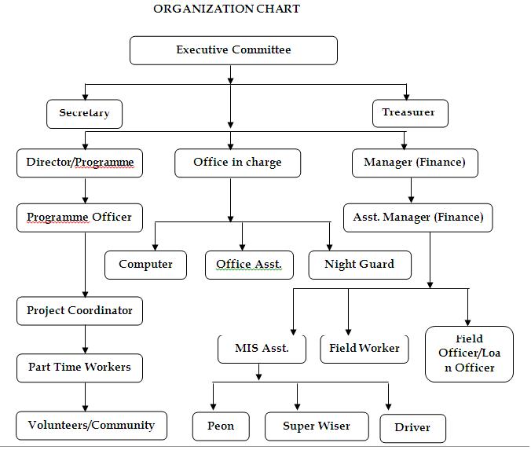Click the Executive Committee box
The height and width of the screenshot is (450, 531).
233,50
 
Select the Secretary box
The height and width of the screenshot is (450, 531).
84,114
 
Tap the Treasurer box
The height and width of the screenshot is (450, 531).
410,113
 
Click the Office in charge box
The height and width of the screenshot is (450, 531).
237,163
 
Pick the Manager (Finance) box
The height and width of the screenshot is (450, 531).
415,163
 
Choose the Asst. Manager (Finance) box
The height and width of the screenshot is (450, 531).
418,218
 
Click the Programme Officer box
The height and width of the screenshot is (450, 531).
79,218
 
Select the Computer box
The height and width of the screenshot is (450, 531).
145,265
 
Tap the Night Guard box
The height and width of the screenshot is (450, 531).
360,265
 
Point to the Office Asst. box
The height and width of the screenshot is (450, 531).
249,265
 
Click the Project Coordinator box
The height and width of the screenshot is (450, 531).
79,311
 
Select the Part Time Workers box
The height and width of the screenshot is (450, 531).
79,368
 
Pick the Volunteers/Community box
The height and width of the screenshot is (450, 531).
91,426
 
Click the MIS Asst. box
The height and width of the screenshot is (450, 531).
262,349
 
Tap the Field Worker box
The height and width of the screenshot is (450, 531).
364,349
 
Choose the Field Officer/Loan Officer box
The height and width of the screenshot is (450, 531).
469,354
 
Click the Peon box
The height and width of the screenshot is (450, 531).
221,426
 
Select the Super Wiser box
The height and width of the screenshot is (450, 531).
317,426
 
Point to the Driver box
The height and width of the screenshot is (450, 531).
413,428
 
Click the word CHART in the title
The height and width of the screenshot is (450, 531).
278,9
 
